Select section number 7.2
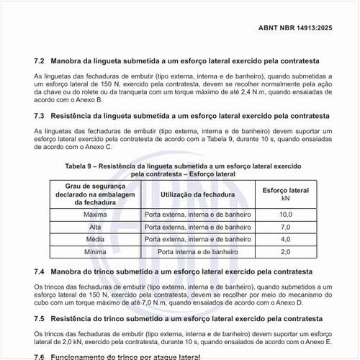pyautogui.click(x=40, y=61)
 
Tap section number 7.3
pyautogui.click(x=40, y=115)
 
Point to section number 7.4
pyautogui.click(x=40, y=271)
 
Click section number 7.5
pyautogui.click(x=40, y=318)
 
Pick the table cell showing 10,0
pyautogui.click(x=285, y=215)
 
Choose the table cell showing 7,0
pyautogui.click(x=285, y=227)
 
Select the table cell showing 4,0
pyautogui.click(x=285, y=239)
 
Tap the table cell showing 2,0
pyautogui.click(x=285, y=251)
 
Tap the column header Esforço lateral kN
pyautogui.click(x=285, y=194)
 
